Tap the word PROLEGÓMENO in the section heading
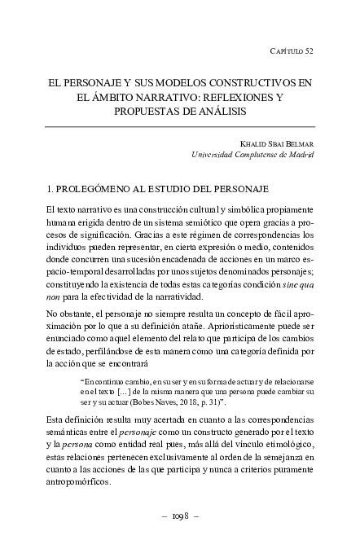[94, 189]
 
